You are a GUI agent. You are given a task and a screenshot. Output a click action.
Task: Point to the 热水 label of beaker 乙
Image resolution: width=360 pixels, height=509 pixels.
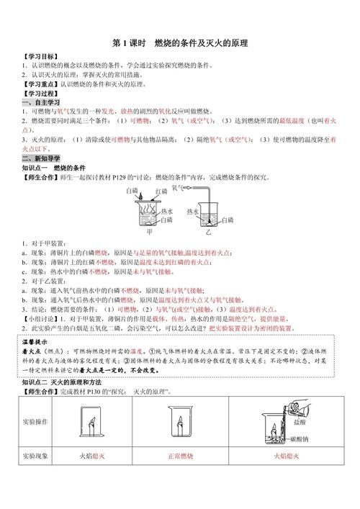[192, 212]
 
